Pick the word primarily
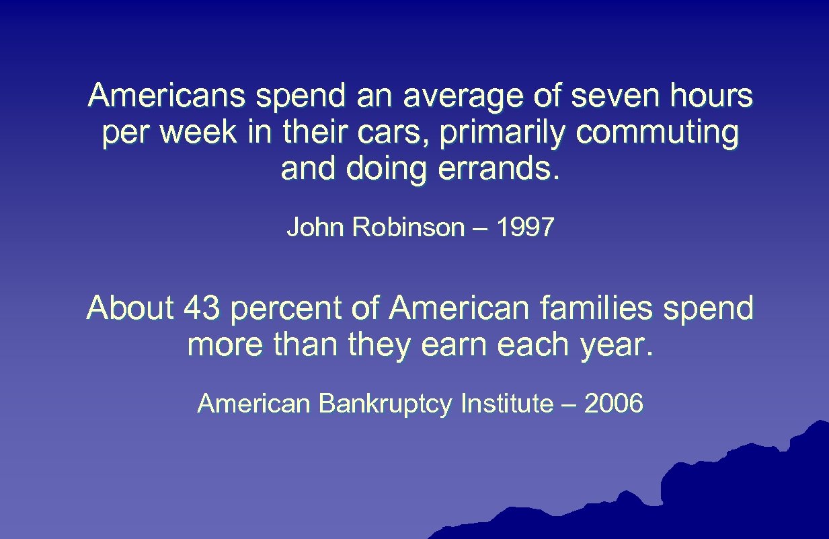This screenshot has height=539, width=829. coord(504,134)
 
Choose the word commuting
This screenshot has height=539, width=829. coord(657,134)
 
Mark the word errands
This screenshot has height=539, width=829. coord(498,169)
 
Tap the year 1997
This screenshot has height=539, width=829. coord(525,228)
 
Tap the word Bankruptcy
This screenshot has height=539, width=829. coord(387,404)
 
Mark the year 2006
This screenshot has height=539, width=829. coord(614,404)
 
